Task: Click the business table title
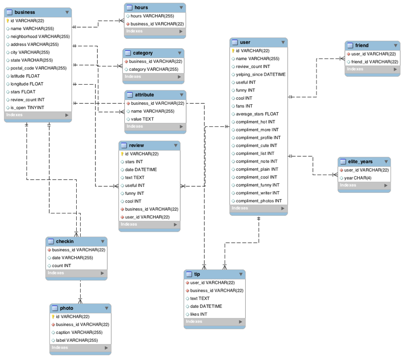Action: pos(25,12)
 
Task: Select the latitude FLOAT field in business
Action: pos(25,76)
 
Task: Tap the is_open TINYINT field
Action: pos(27,108)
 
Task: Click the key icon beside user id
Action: pos(233,51)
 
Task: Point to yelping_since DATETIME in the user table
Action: pos(260,74)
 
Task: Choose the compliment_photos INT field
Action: pos(259,201)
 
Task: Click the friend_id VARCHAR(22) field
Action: pos(374,62)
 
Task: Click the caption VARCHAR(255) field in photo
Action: pos(79,332)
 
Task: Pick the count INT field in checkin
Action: pos(61,266)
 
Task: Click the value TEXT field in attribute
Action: pos(142,119)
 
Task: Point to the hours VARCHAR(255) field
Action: pos(152,16)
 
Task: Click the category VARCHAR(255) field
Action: pos(153,69)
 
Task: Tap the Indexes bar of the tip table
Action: pos(214,322)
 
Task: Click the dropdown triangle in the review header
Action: pos(175,146)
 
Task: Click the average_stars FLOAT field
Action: pos(257,114)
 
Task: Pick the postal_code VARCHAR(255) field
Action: pos(38,68)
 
